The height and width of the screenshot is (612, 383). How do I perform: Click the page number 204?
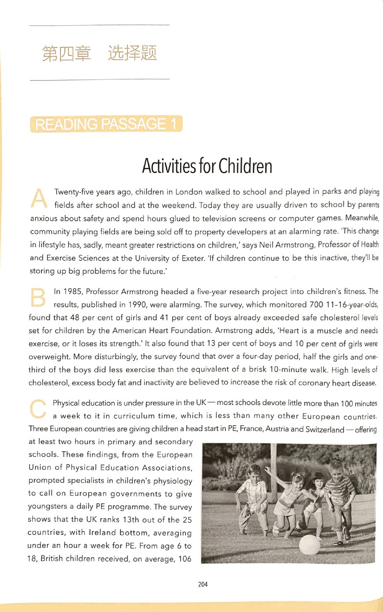coord(203,584)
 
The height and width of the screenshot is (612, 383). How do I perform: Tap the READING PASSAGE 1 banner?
coord(106,125)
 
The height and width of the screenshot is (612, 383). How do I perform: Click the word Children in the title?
coord(245,166)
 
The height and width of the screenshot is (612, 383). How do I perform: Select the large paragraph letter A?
coord(38,197)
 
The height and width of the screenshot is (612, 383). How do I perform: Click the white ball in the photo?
coord(309,545)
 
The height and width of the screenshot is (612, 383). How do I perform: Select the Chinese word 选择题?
coord(133,54)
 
